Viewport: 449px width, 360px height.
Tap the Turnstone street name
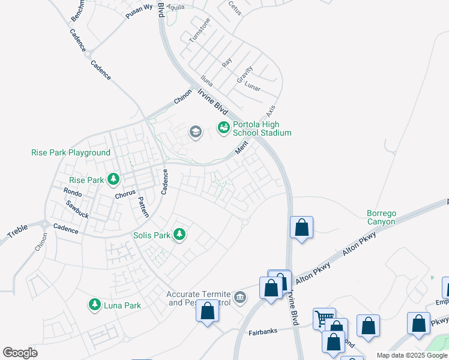[x=200, y=30]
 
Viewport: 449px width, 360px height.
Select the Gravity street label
[x=244, y=74]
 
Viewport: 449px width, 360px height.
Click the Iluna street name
[x=206, y=81]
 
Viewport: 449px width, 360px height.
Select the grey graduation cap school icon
[x=195, y=132]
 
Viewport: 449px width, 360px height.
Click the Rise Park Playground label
[x=71, y=153]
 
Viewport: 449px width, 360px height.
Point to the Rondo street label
[x=73, y=192]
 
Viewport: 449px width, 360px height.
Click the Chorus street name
[x=125, y=195]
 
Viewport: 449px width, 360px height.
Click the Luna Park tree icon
[x=94, y=305]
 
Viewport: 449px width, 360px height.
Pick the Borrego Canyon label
[x=381, y=217]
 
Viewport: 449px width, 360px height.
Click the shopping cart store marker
[x=324, y=319]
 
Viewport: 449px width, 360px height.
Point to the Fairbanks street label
[x=265, y=332]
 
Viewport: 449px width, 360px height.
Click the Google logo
[x=20, y=353]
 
